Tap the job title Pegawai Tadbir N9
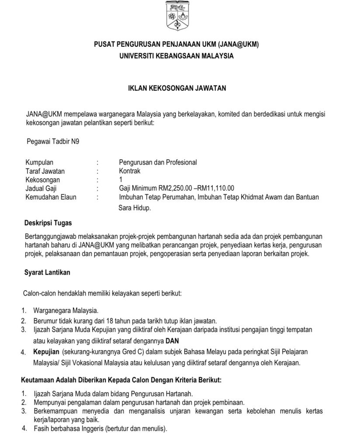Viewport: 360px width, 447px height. tap(53, 141)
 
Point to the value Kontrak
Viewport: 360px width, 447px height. tap(130, 171)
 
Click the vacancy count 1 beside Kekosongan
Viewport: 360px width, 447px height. tap(121, 179)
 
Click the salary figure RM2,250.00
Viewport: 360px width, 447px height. tap(166, 188)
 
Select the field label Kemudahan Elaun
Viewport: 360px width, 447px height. tap(51, 197)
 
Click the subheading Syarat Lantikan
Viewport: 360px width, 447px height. tap(47, 272)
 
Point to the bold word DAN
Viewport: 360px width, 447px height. tap(173, 340)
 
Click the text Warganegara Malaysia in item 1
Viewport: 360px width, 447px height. tap(66, 311)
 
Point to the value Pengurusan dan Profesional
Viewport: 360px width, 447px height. tap(158, 162)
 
